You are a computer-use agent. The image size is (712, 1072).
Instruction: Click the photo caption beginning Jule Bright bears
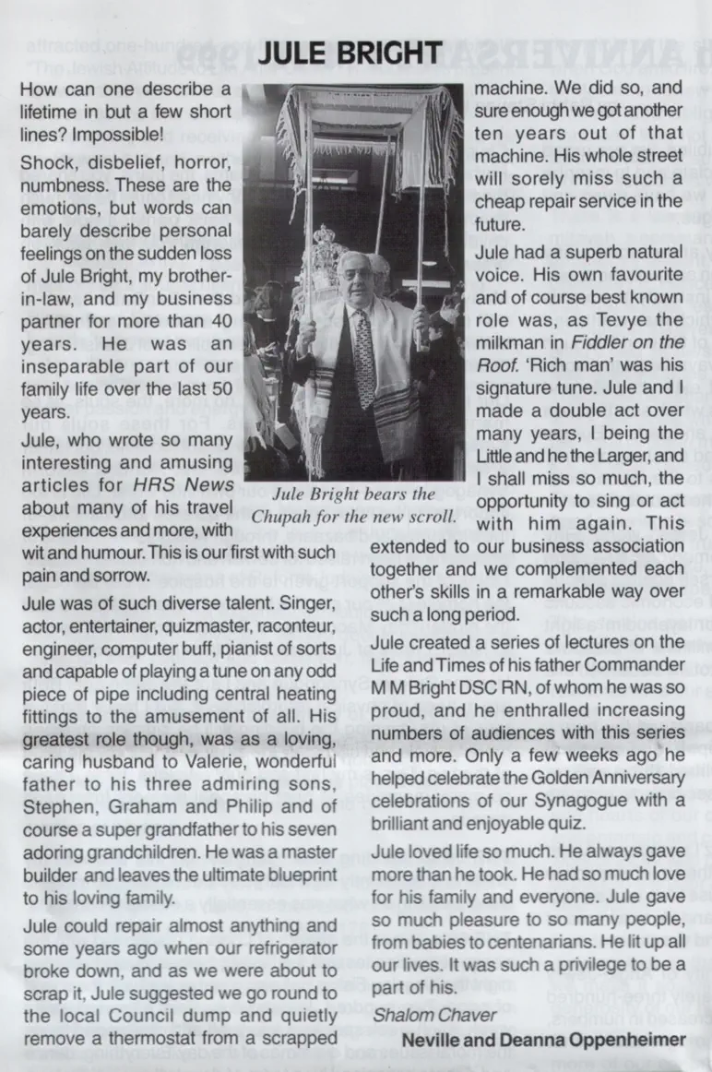[355, 505]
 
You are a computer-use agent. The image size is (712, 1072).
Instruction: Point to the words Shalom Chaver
[434, 1016]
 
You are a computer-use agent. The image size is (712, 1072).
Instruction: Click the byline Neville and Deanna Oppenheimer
[544, 1040]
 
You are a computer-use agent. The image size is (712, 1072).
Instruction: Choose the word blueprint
[288, 874]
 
